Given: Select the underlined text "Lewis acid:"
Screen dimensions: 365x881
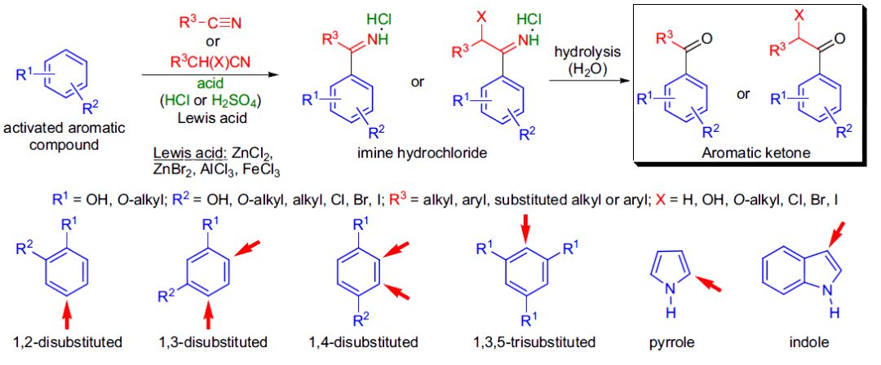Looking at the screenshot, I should (x=175, y=155).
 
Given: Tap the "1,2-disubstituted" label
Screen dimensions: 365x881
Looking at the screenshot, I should (x=68, y=341).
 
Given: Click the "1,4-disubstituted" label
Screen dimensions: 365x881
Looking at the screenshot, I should (x=364, y=341).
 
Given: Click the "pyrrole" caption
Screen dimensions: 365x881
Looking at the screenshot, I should (x=674, y=341).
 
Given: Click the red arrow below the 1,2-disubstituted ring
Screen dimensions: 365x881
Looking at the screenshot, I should (x=68, y=314).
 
